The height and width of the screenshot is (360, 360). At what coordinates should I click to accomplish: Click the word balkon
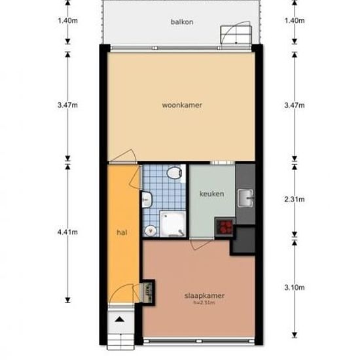tap(181, 22)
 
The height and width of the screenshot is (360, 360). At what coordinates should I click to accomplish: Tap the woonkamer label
tap(181, 105)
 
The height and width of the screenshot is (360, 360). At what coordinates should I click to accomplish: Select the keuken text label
tap(212, 194)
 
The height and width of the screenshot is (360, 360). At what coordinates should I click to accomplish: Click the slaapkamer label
tap(204, 296)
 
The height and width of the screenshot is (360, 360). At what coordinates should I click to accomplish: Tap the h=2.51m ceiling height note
tap(204, 302)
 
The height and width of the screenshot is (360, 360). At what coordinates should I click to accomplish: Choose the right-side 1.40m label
tap(296, 20)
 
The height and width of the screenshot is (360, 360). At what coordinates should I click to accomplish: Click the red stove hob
tap(226, 227)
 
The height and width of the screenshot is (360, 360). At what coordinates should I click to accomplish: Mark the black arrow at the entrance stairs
tap(120, 319)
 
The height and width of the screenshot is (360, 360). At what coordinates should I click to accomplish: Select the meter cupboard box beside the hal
tap(149, 292)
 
